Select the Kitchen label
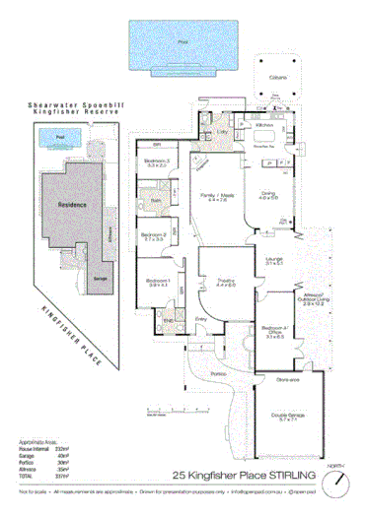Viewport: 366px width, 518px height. click(265, 126)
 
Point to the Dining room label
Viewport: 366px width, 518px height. click(269, 194)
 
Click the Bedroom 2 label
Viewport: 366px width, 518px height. click(153, 235)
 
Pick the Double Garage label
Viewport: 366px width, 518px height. click(289, 416)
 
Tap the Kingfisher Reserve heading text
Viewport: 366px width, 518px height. click(68, 111)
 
